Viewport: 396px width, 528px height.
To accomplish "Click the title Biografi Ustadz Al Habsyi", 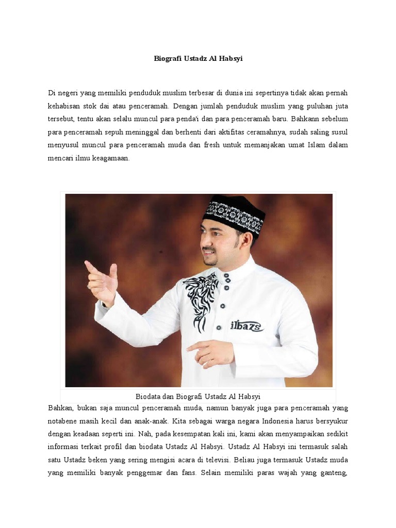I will (198, 59).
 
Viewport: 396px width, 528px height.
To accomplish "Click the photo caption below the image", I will (198, 397).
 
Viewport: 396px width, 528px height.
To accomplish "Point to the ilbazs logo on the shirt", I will (246, 325).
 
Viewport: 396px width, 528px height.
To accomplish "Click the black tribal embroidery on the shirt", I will (202, 299).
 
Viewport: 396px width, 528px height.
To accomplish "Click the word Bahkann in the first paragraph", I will (305, 119).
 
